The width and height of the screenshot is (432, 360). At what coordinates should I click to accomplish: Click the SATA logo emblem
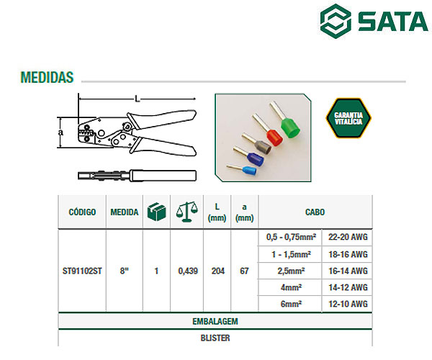point(336,20)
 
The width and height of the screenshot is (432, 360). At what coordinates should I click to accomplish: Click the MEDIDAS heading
point(47,77)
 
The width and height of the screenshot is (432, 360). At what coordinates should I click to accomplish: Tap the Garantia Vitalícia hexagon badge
point(348,118)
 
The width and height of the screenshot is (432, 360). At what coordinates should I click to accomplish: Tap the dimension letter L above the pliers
point(138,99)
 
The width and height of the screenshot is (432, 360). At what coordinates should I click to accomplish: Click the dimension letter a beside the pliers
point(60,132)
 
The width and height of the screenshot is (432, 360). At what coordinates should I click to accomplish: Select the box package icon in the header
point(157,212)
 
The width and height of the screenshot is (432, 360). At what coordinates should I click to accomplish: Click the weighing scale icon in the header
point(187,212)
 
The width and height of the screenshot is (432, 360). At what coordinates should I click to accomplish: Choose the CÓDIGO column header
point(82,212)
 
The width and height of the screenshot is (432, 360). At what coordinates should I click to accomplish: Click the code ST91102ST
point(82,271)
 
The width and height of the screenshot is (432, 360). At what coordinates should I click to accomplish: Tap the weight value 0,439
point(188,271)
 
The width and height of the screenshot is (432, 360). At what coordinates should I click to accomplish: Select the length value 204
point(218,271)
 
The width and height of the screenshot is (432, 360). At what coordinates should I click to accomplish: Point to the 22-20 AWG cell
point(348,237)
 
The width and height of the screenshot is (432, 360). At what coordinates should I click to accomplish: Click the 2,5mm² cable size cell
point(291,271)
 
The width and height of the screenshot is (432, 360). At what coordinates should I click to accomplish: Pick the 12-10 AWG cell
point(348,304)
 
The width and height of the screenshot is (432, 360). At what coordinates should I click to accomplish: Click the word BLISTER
point(215,338)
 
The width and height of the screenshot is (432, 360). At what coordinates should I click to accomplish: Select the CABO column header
point(315,212)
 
